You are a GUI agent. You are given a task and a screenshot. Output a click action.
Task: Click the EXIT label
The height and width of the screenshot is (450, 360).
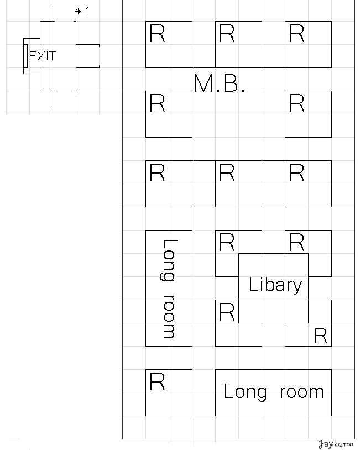(43, 56)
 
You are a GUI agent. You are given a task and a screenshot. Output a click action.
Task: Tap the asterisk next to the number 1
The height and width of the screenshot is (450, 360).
(78, 12)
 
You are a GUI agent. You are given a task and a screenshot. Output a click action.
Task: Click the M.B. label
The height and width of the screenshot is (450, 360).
(219, 83)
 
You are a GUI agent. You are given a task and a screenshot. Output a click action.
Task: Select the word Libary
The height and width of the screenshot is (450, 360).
(275, 285)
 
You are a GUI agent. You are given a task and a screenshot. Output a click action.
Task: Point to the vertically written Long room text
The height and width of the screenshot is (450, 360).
(169, 288)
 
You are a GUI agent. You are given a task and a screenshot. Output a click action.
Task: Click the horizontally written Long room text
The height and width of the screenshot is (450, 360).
(273, 392)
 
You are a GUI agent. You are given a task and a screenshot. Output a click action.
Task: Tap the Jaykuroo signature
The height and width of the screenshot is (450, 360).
(335, 444)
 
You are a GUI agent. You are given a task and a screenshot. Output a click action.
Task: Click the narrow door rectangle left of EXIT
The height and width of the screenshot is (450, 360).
(25, 56)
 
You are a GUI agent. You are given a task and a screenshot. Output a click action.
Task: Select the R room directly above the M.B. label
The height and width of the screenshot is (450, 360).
(238, 44)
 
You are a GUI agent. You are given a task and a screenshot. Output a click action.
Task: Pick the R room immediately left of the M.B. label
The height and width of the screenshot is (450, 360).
(169, 114)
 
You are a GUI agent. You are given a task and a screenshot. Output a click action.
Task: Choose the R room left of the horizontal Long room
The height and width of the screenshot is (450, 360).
(169, 393)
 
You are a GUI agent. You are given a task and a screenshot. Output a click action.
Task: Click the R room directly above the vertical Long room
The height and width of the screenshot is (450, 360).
(169, 184)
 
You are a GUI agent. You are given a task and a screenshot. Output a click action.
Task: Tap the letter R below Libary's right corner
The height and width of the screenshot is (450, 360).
(320, 336)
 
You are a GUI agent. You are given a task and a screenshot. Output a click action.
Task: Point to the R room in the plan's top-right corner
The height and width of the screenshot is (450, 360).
(308, 44)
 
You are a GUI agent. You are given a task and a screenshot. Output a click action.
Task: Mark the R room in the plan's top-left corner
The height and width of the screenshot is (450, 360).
(169, 44)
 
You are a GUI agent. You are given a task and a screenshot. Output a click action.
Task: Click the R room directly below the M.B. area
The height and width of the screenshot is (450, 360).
(238, 184)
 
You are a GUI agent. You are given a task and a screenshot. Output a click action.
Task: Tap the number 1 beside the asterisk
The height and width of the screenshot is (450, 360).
(87, 12)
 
